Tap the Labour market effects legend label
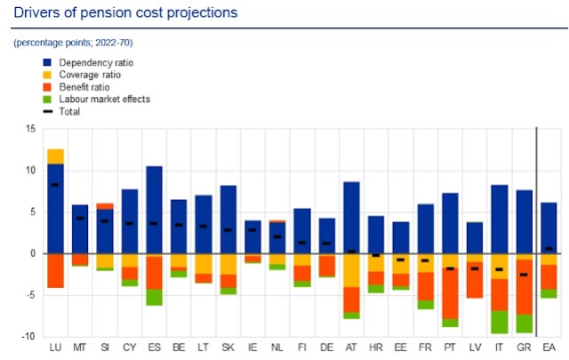click(x=104, y=100)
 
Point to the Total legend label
click(x=71, y=112)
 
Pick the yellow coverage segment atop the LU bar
click(x=55, y=156)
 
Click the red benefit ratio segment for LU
click(x=55, y=270)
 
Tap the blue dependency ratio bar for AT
click(x=351, y=217)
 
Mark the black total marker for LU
click(x=55, y=185)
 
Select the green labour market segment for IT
click(x=500, y=322)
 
